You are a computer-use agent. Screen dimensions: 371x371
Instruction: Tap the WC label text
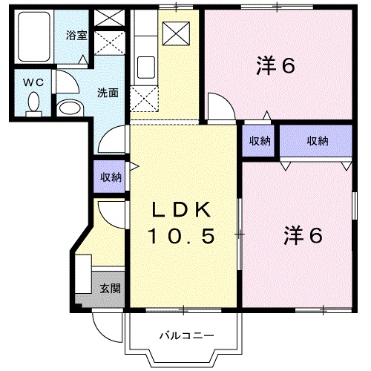click(32, 82)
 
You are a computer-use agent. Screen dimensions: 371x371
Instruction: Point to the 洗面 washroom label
click(109, 93)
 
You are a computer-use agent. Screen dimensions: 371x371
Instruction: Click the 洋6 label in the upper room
click(276, 66)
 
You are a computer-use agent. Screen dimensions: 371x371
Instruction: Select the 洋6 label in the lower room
click(302, 235)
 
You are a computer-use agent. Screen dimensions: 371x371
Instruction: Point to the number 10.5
click(180, 237)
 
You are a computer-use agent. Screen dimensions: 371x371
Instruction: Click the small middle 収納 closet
click(259, 141)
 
